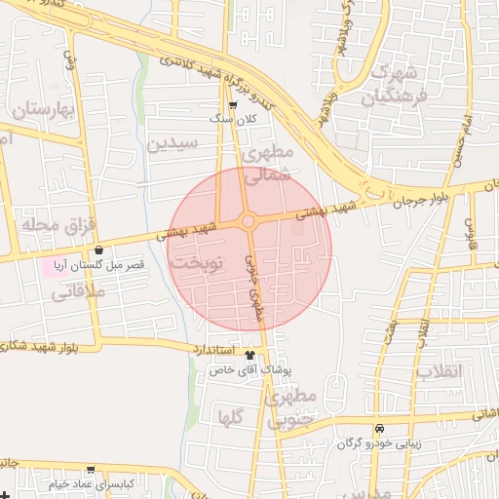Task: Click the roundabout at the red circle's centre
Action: (249, 221)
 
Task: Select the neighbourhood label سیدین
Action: (173, 144)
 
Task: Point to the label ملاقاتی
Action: (67, 288)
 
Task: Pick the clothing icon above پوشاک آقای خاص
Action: (250, 356)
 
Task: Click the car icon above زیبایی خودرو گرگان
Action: (379, 429)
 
